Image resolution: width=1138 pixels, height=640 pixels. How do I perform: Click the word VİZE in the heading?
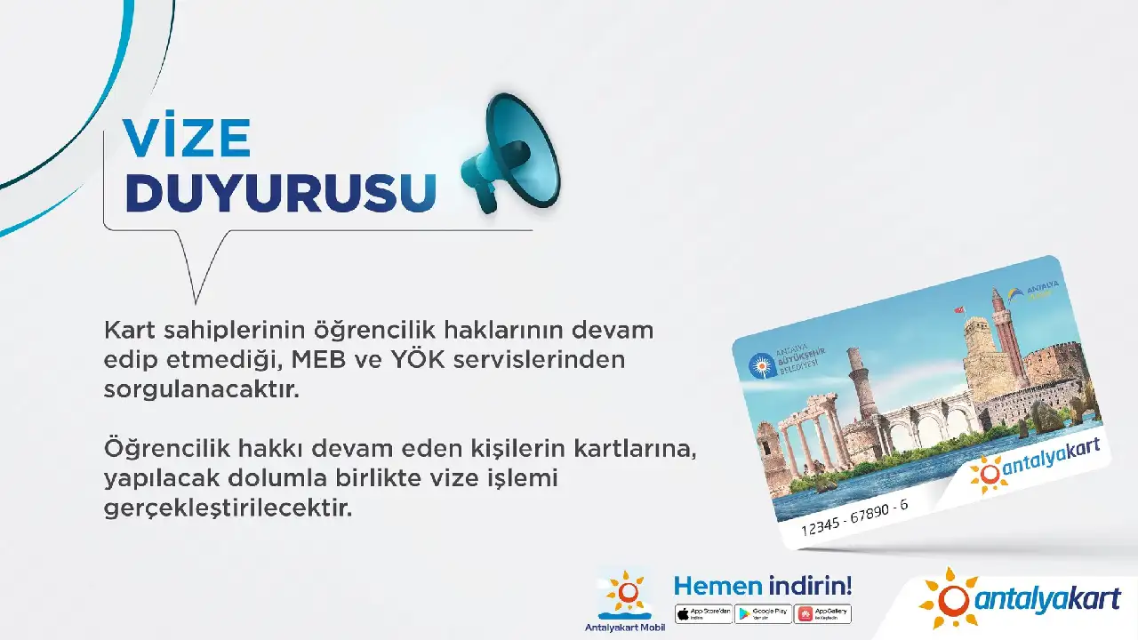(x=188, y=138)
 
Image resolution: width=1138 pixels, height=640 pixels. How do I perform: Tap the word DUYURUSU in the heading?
(x=281, y=193)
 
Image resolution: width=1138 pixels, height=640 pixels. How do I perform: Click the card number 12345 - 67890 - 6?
(x=854, y=516)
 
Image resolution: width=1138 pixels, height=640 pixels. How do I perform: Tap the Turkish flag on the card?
(x=959, y=310)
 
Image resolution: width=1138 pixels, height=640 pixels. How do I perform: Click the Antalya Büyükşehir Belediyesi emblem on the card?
(x=761, y=364)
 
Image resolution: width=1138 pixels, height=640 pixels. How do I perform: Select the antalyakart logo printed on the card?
(x=1033, y=464)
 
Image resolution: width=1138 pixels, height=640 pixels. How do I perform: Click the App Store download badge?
(x=703, y=613)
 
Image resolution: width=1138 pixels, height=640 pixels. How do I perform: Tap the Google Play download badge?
(x=763, y=613)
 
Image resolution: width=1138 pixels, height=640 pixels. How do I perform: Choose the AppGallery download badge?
(x=822, y=613)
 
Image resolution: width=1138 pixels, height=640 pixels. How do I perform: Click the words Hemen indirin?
(x=763, y=586)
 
